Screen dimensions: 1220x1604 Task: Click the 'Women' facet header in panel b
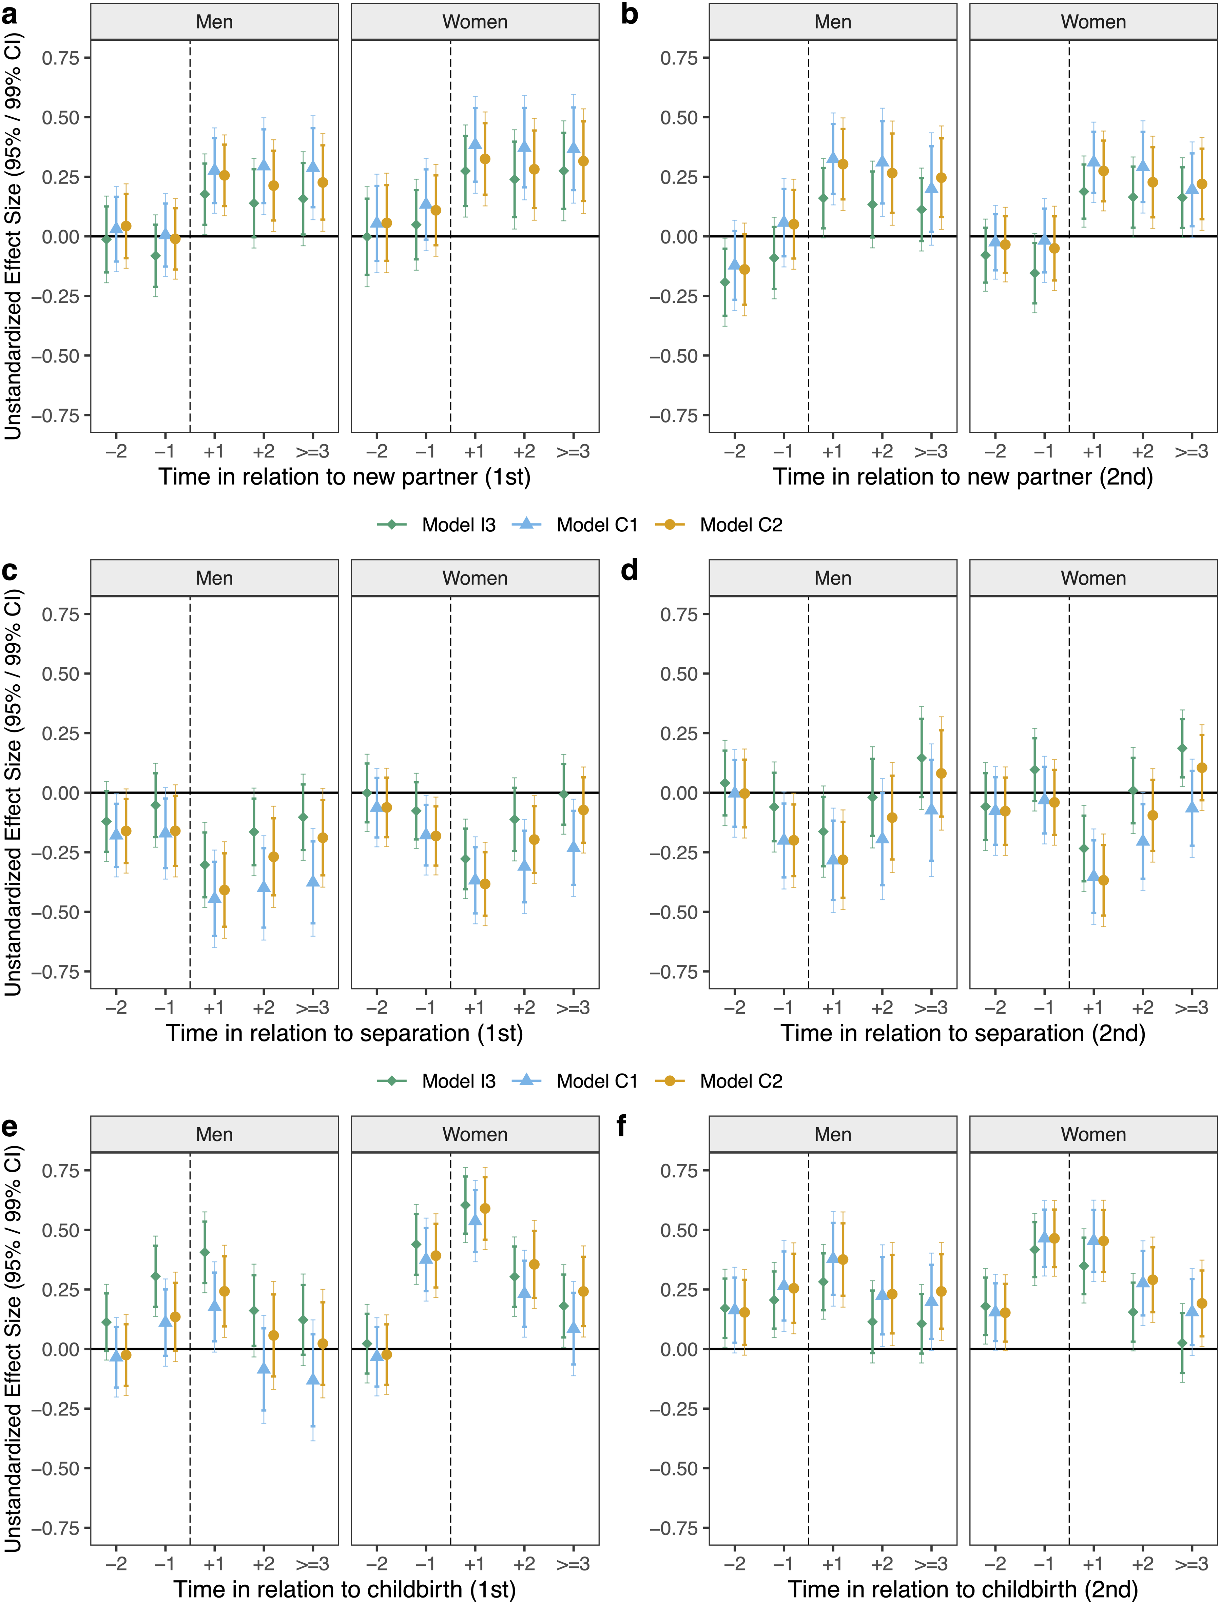[x=1093, y=22]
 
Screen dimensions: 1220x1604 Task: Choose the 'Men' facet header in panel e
[x=214, y=1134]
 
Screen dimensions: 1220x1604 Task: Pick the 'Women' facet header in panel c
[x=475, y=578]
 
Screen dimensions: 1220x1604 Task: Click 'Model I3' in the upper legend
[x=459, y=525]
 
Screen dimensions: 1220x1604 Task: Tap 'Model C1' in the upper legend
[x=597, y=525]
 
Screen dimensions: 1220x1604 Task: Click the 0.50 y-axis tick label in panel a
[x=60, y=118]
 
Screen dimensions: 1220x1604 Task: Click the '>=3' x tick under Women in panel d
[x=1192, y=1008]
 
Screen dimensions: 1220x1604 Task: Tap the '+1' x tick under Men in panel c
[x=214, y=1008]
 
